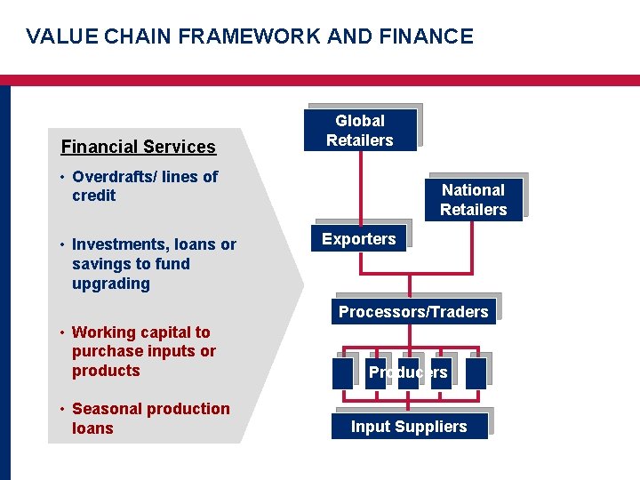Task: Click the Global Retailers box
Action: click(359, 131)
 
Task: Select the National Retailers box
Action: click(473, 200)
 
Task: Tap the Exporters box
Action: click(358, 239)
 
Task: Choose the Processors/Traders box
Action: click(413, 311)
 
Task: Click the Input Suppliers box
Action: click(409, 427)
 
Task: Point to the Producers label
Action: click(408, 372)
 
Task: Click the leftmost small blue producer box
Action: click(342, 372)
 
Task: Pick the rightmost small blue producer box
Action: click(476, 372)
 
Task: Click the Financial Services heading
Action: click(138, 148)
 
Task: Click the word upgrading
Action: click(111, 284)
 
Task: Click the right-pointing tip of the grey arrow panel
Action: click(302, 284)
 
